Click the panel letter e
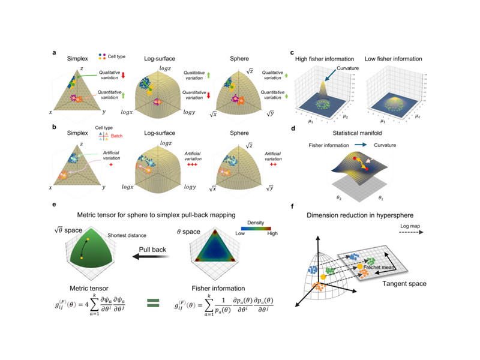click(55, 205)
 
